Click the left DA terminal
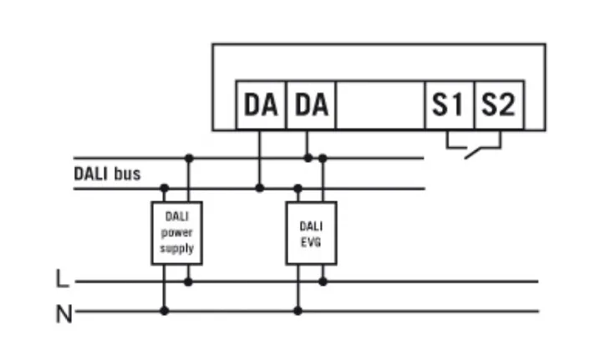point(261,106)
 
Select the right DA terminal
point(311,106)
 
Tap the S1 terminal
point(449,106)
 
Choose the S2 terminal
point(498,106)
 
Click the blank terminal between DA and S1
point(380,106)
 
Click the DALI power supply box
point(176,233)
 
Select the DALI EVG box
point(311,233)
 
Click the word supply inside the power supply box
point(176,249)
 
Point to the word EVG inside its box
point(311,241)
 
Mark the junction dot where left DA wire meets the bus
point(260,188)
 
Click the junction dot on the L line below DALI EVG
point(323,281)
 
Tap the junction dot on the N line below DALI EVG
point(298,311)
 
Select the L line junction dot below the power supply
point(189,281)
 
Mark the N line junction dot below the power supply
point(164,311)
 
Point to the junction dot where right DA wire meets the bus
point(308,157)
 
